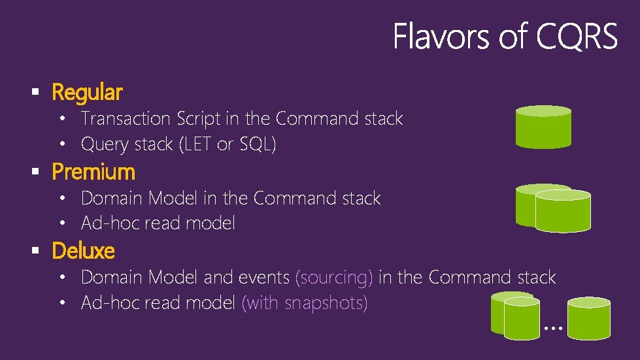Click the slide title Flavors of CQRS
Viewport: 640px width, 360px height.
click(x=505, y=37)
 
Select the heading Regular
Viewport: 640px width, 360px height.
click(x=86, y=93)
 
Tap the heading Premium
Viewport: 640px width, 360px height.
click(x=93, y=172)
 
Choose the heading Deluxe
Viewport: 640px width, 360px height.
click(x=83, y=252)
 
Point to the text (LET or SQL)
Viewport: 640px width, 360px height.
click(x=227, y=144)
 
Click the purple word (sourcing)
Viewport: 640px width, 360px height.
click(x=334, y=278)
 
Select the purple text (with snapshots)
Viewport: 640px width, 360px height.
click(x=305, y=303)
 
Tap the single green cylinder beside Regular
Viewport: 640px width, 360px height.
click(x=543, y=127)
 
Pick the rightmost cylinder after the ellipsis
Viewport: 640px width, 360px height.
click(x=588, y=318)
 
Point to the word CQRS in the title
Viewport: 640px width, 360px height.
click(x=576, y=37)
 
